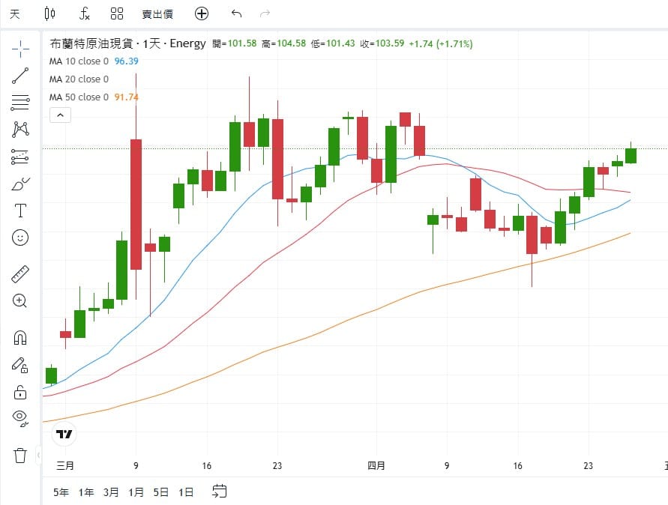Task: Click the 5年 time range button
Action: click(61, 492)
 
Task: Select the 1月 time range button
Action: click(136, 492)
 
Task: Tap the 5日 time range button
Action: click(161, 492)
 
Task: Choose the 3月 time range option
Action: click(111, 492)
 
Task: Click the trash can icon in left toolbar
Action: click(20, 455)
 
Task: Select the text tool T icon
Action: click(20, 211)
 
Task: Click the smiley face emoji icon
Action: click(20, 238)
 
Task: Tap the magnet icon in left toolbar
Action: click(20, 338)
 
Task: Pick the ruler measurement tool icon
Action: click(20, 274)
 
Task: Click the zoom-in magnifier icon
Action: click(20, 301)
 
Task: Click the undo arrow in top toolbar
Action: click(237, 13)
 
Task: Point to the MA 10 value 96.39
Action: click(126, 61)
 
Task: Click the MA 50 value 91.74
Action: click(126, 97)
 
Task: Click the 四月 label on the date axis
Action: click(376, 466)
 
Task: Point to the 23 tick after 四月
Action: click(589, 466)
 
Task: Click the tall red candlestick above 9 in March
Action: click(136, 204)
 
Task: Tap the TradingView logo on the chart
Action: click(64, 434)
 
